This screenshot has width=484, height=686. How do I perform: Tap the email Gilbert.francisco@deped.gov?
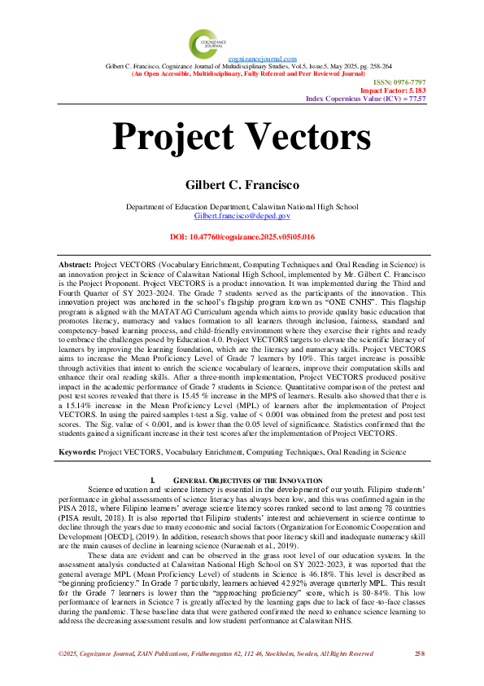[242, 215]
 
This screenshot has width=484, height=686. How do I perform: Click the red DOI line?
[242, 237]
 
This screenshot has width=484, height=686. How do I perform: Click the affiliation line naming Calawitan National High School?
[242, 206]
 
